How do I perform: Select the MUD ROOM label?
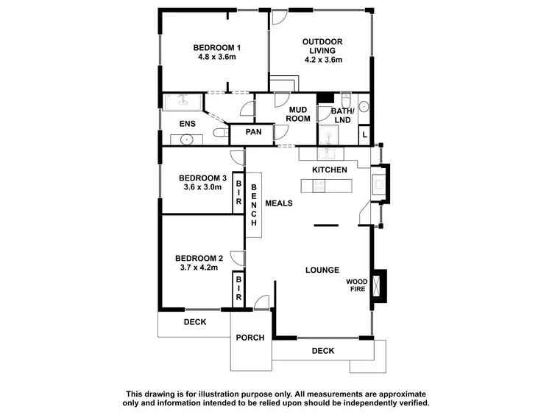point(297,114)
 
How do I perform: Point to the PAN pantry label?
point(253,133)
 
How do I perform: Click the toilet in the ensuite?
point(219,133)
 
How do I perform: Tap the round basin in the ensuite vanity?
point(188,139)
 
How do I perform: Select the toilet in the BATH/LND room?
point(345,100)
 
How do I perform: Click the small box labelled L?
point(364,136)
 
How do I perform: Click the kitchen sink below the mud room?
point(328,153)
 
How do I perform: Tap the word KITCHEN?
point(329,170)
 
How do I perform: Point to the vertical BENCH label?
point(254,203)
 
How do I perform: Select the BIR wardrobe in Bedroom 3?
point(238,193)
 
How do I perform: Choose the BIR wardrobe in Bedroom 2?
point(238,287)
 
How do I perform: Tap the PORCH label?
point(249,338)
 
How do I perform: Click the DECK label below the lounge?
point(322,351)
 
